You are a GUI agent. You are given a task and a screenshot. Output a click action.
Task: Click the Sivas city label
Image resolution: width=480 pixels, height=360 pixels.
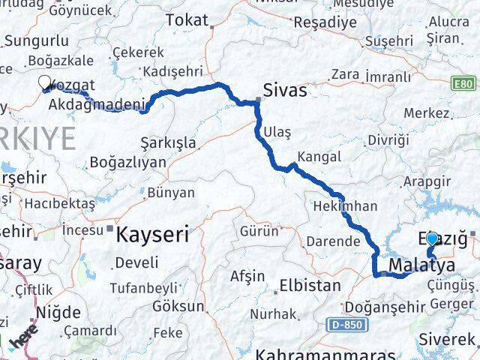(x=286, y=90)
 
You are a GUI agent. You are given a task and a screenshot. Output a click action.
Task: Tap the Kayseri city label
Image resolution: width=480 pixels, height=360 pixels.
(x=152, y=235)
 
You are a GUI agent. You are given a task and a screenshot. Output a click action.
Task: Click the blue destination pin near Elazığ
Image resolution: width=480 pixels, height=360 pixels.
(x=432, y=240)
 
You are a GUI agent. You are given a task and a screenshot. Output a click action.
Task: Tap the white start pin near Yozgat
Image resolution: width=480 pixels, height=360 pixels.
(x=44, y=82)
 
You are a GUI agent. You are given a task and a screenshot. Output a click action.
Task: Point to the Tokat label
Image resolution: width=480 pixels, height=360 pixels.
(x=187, y=20)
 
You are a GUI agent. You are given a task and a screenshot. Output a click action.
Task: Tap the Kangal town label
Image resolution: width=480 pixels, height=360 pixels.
(x=319, y=157)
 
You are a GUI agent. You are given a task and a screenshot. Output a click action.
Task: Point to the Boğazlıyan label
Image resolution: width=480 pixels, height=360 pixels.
(x=122, y=162)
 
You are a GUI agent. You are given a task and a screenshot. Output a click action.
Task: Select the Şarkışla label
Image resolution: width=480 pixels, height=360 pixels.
(x=168, y=142)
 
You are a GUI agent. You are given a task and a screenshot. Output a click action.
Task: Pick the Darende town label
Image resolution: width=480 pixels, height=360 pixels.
(x=332, y=241)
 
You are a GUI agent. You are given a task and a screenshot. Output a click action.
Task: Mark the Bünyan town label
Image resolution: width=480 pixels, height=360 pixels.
(x=171, y=193)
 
